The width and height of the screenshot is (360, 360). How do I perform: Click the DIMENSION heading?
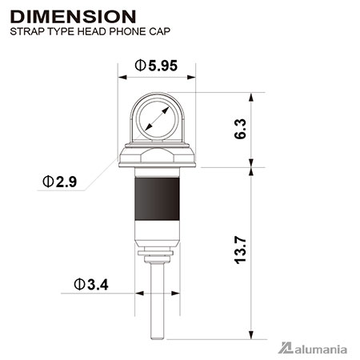point(73,17)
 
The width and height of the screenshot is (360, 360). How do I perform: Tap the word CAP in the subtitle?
point(159,31)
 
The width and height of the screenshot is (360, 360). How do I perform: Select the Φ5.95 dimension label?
point(156,66)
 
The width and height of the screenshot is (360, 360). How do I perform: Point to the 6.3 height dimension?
point(240,129)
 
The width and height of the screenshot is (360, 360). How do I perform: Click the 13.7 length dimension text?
point(240,250)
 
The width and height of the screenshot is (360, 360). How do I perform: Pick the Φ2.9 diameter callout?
point(60,182)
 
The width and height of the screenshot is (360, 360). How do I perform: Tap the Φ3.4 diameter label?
point(91,285)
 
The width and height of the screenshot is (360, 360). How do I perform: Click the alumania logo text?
point(321,350)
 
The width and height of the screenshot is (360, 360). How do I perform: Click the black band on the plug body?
point(157,198)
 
